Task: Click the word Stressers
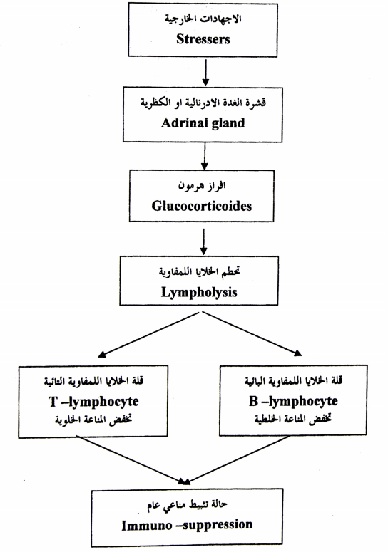tap(203, 38)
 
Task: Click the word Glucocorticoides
tap(202, 206)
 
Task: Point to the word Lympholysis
tap(199, 292)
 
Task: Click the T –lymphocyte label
tap(93, 402)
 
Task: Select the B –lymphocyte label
tap(293, 402)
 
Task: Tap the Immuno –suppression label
tap(187, 525)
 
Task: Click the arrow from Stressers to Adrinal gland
tap(205, 73)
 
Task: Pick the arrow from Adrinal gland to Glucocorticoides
tap(205, 156)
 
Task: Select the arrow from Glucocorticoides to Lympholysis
tap(204, 242)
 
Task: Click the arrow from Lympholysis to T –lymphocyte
tap(149, 335)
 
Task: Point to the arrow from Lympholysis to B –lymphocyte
tap(252, 334)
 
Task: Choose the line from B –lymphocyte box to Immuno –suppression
tap(237, 460)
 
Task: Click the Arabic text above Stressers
tap(203, 18)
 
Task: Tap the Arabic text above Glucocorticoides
tap(202, 185)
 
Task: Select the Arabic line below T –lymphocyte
tap(93, 420)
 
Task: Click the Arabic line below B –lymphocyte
tap(293, 420)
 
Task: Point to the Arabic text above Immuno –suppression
tap(187, 505)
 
